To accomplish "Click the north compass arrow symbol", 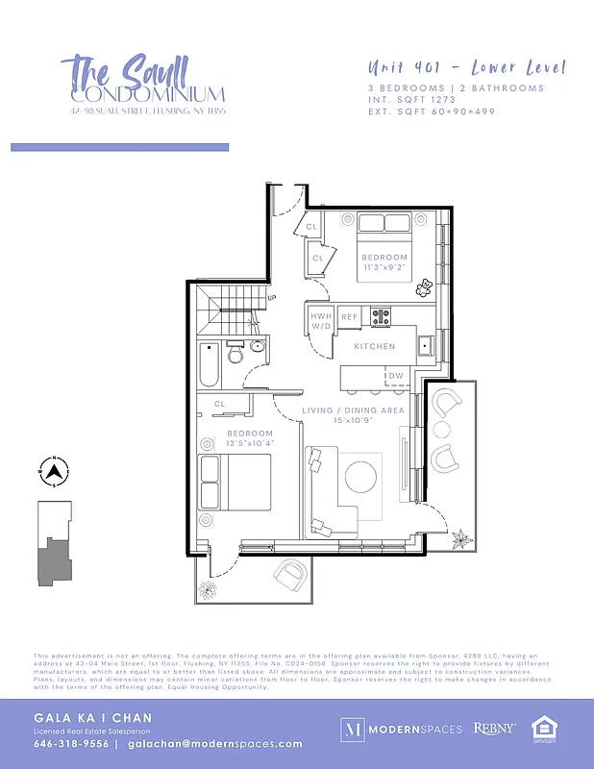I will click(x=55, y=471).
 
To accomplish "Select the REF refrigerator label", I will click(x=349, y=316).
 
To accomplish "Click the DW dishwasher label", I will click(x=396, y=376).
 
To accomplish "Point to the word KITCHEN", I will click(x=375, y=346).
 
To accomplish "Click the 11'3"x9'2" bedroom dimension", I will click(x=384, y=268).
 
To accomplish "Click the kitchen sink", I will click(x=424, y=342).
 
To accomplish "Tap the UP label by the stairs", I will click(x=271, y=298).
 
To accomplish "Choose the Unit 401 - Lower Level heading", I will click(x=466, y=67).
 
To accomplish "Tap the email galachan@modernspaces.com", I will click(x=214, y=743).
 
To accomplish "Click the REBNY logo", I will click(x=495, y=730).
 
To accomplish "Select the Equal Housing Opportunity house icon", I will click(x=544, y=729).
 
